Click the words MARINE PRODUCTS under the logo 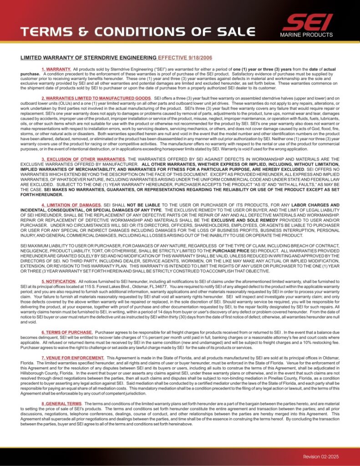click(x=306, y=35)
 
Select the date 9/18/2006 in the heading click(x=198, y=58)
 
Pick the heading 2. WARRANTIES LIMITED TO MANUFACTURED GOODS click(x=96, y=98)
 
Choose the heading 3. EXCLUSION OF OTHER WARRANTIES click(x=84, y=159)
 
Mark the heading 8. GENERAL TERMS click(x=61, y=404)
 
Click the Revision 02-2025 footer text click(x=321, y=456)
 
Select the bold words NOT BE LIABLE click(x=144, y=205)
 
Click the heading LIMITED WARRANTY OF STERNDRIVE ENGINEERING click(x=88, y=58)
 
